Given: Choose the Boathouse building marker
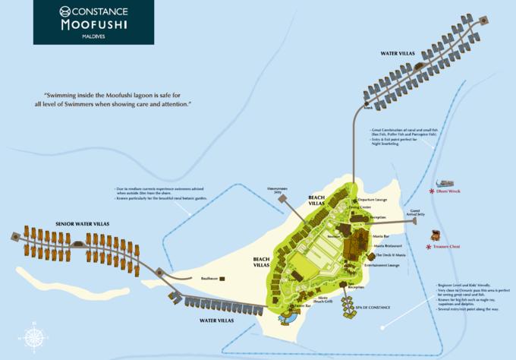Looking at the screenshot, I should click(x=223, y=279).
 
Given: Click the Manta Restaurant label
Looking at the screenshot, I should click(x=388, y=246).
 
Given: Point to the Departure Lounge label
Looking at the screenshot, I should click(x=372, y=199).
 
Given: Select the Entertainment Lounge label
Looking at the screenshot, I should click(x=382, y=265).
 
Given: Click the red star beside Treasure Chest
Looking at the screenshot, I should click(x=428, y=247).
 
